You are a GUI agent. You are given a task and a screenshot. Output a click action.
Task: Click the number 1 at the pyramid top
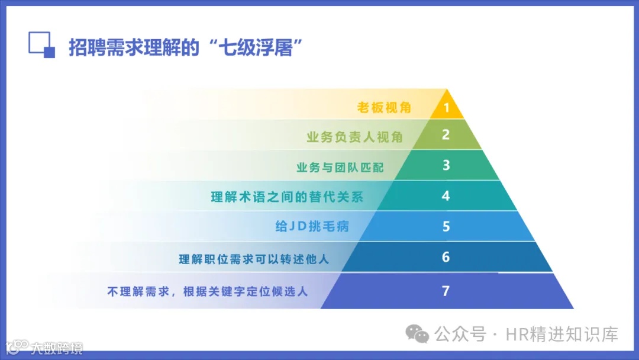click(447, 108)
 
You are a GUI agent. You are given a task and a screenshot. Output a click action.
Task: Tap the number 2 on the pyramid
click(446, 134)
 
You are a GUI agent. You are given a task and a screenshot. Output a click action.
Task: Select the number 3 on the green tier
click(446, 165)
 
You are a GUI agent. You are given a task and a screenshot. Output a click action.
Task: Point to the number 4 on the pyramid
click(446, 196)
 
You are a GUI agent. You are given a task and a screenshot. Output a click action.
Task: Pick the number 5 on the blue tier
click(446, 227)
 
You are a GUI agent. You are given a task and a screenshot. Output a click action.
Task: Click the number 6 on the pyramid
click(446, 258)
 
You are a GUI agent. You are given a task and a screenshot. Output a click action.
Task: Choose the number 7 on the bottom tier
click(446, 291)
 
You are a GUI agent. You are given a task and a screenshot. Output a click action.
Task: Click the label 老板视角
click(384, 108)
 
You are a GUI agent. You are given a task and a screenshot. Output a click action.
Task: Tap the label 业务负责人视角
click(354, 137)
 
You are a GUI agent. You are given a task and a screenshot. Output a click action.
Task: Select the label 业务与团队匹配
click(340, 168)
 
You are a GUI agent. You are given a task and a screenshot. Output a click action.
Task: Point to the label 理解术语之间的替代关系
click(287, 197)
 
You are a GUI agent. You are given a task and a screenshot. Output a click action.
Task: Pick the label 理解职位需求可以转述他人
click(254, 259)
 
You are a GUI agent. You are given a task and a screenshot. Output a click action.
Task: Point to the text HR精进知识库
click(561, 335)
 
